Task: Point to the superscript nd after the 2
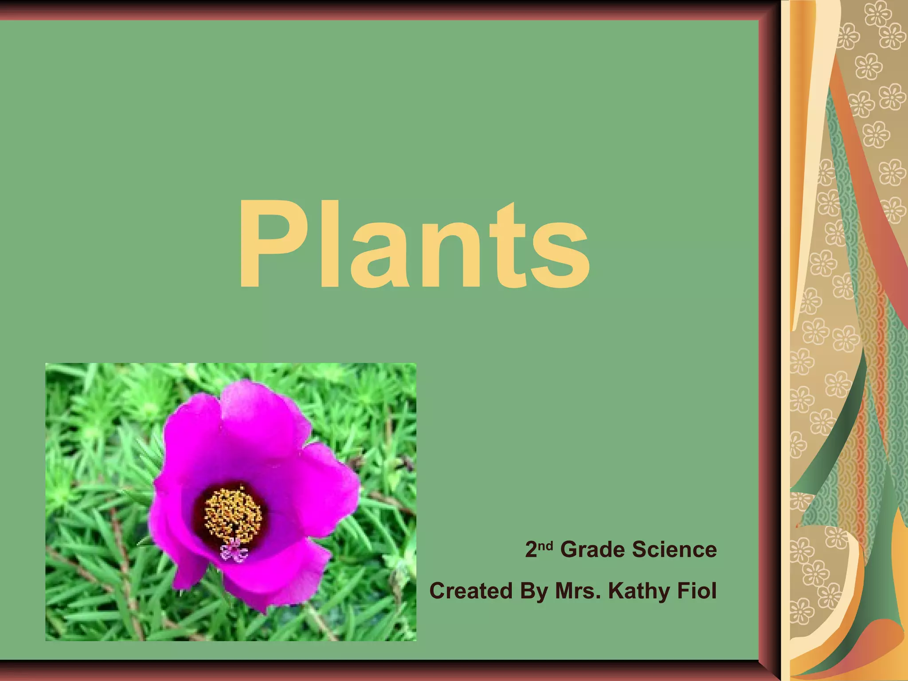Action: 546,545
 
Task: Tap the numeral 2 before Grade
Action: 531,550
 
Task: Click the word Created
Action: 471,591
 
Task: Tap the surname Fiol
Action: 697,591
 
